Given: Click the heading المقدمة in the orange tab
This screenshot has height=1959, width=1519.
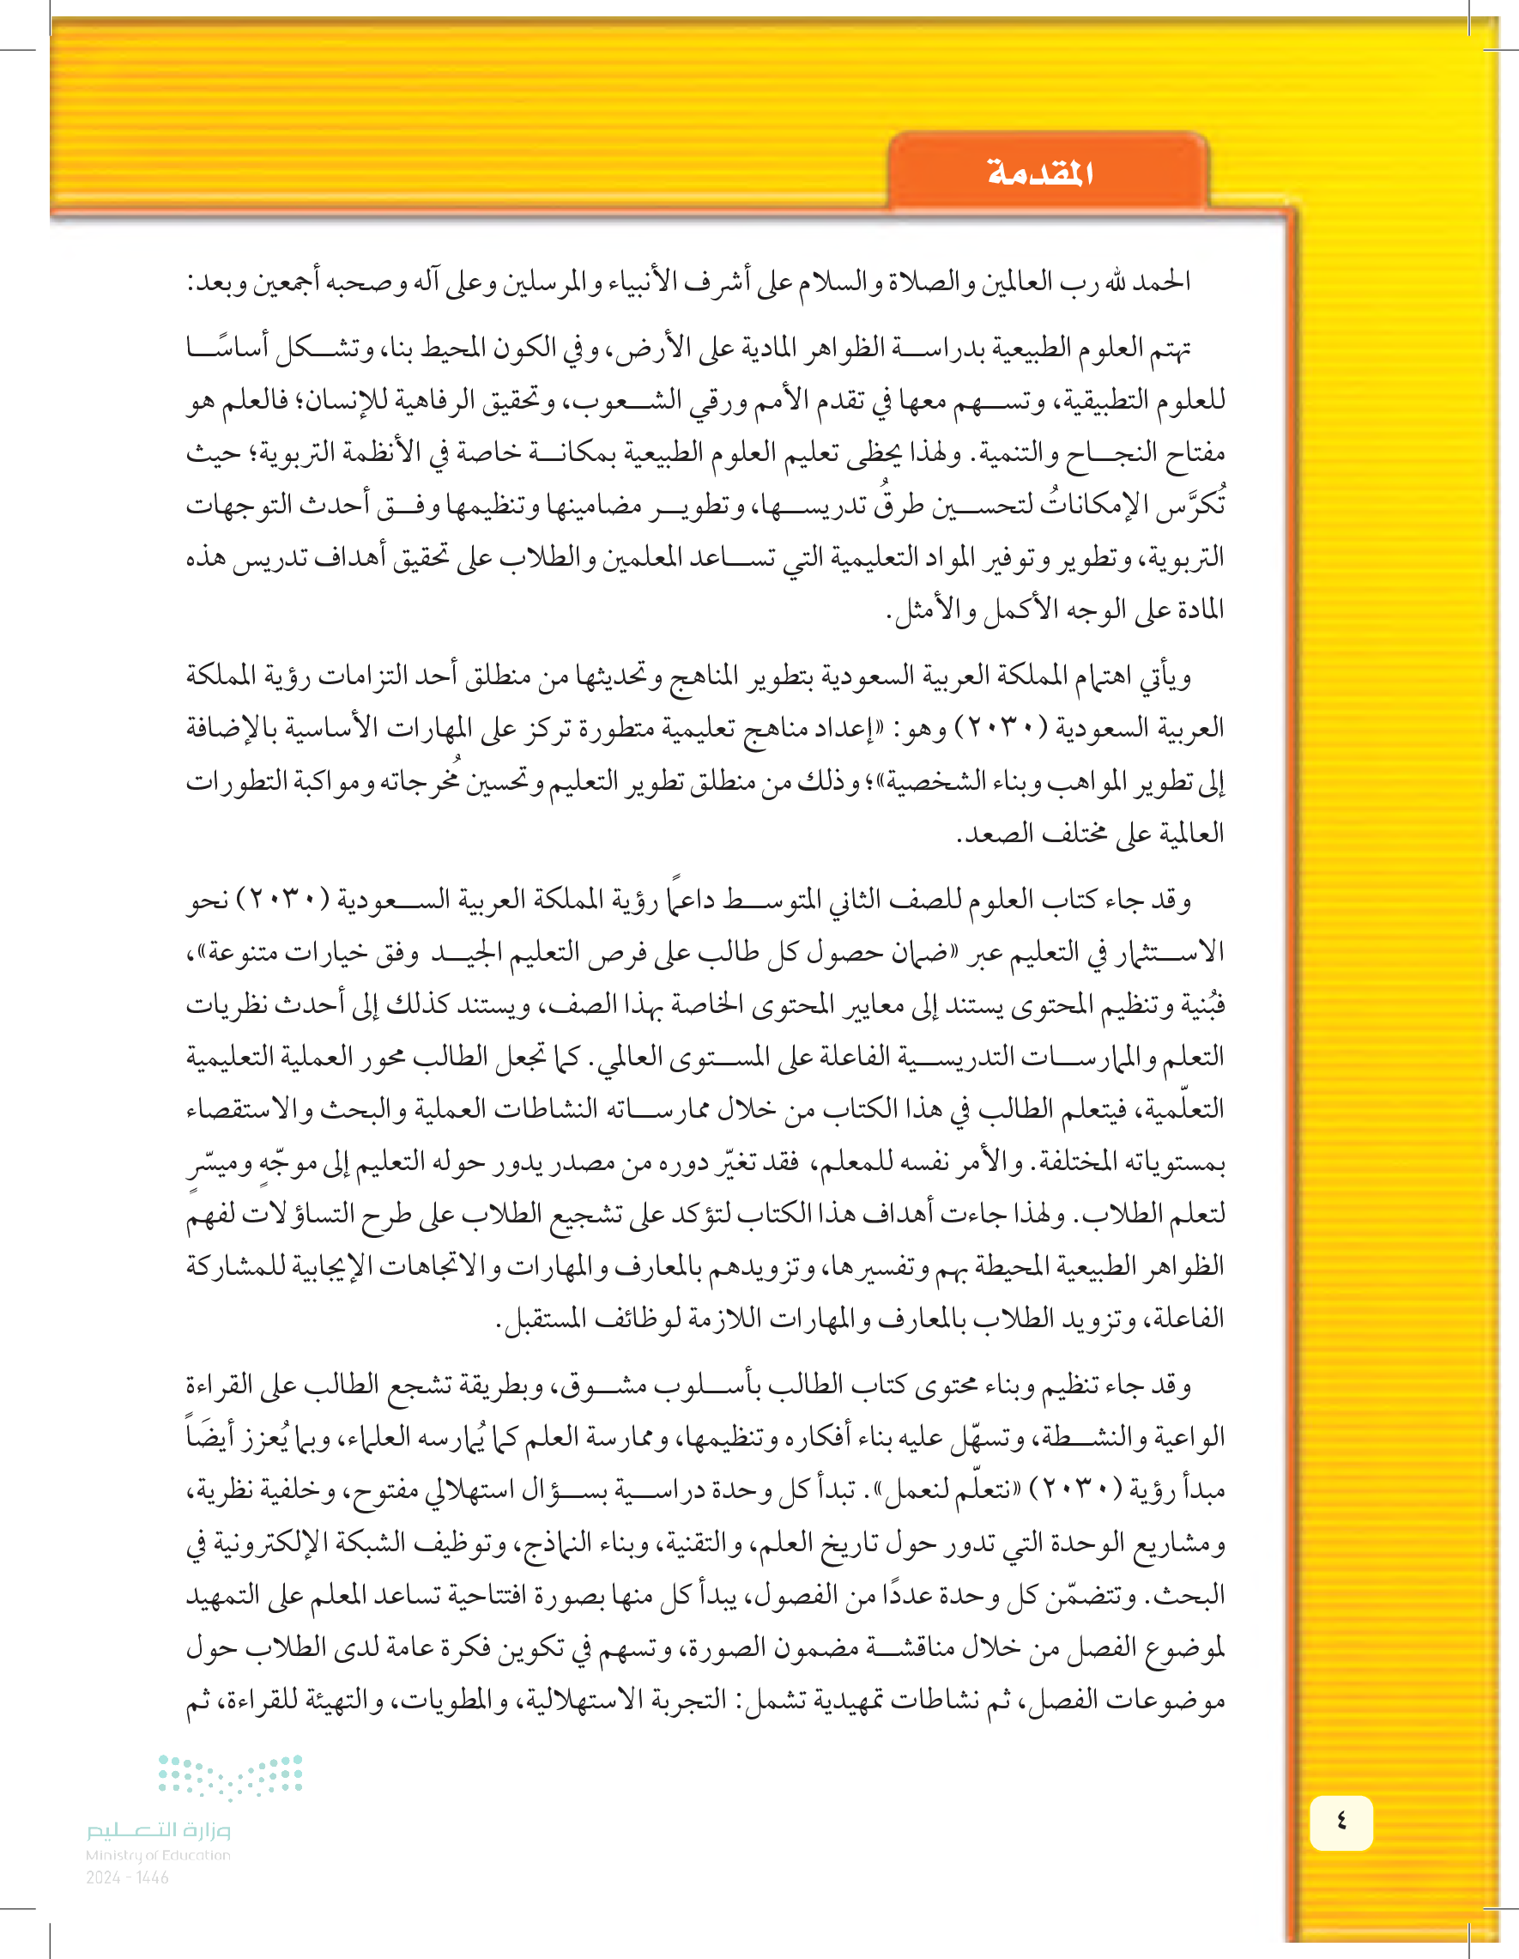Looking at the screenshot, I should tap(1040, 173).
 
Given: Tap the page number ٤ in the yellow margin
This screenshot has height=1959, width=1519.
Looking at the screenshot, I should tap(1340, 1822).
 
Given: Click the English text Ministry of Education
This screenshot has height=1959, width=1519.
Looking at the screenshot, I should tap(158, 1855).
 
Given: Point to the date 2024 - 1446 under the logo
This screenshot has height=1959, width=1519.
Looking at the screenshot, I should tap(127, 1877).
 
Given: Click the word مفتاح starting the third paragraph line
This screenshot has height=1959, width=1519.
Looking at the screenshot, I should tap(1193, 453).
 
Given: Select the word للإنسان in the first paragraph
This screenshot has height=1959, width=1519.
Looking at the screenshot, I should tap(347, 400).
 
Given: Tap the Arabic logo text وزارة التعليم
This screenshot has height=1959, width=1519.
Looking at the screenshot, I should tap(158, 1830).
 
